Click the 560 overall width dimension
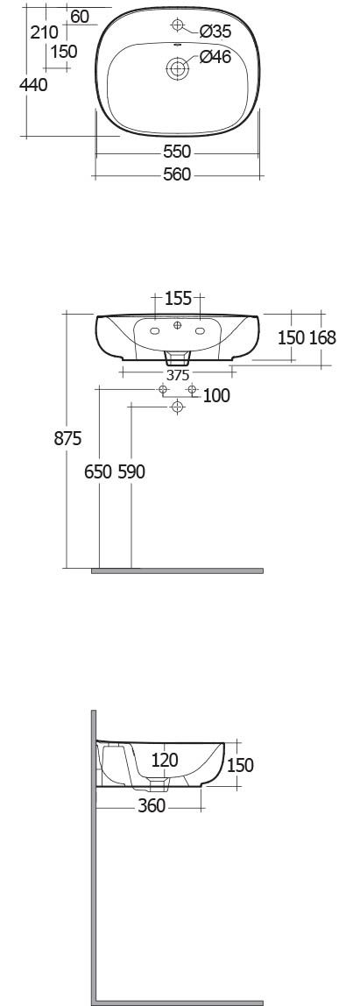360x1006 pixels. [x=177, y=174]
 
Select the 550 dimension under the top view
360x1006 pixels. [x=177, y=152]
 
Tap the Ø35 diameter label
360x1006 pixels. [x=215, y=30]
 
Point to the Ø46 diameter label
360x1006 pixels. [x=215, y=57]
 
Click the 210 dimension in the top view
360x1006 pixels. [x=45, y=32]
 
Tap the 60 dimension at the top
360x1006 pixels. [x=81, y=17]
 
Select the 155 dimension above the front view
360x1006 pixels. [x=178, y=298]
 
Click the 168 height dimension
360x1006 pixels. [x=323, y=337]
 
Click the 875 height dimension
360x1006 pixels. [x=67, y=439]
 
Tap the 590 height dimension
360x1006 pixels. [x=131, y=472]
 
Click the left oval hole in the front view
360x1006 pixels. [x=155, y=331]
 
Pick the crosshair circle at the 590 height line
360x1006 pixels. [x=177, y=406]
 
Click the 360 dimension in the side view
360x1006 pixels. [x=152, y=806]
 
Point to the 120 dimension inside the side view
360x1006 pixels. [x=165, y=761]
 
